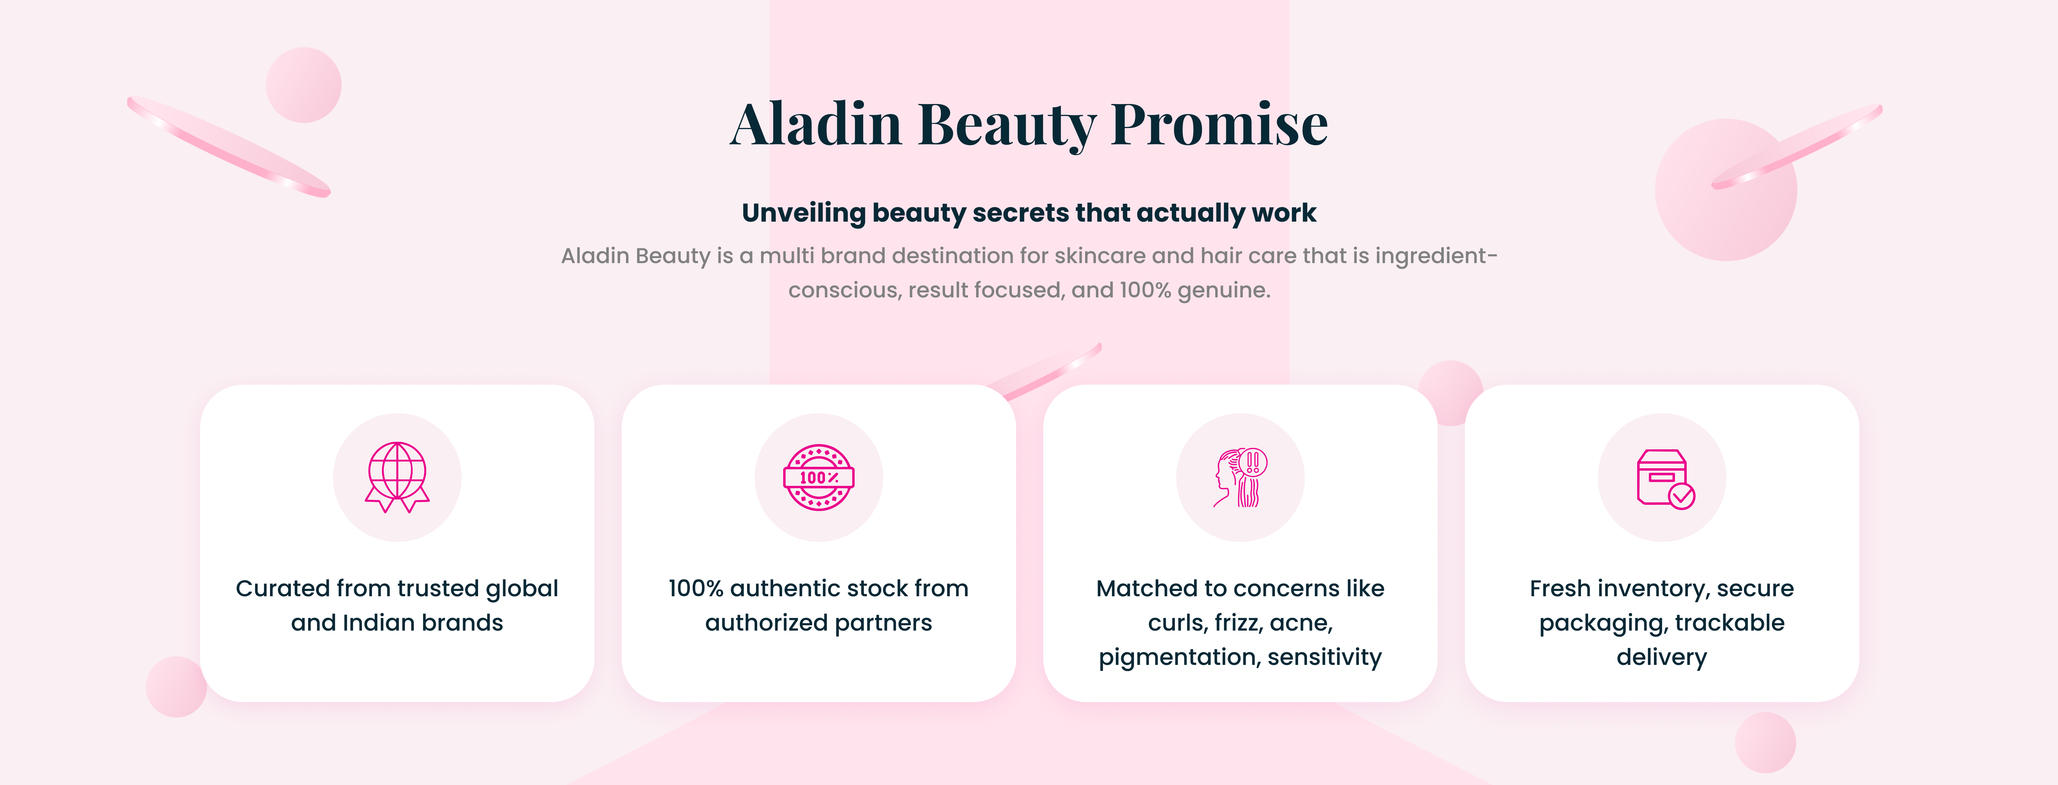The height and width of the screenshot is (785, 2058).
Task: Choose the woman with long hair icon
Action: (x=1240, y=477)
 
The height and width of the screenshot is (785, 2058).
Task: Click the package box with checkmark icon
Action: (x=1662, y=477)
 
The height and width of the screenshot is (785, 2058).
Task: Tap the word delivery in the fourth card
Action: (x=1662, y=657)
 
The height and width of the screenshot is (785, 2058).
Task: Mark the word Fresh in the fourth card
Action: (x=1560, y=588)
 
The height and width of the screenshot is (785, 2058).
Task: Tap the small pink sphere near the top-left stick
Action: (x=304, y=85)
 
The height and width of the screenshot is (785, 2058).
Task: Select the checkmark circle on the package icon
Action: (x=1682, y=497)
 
